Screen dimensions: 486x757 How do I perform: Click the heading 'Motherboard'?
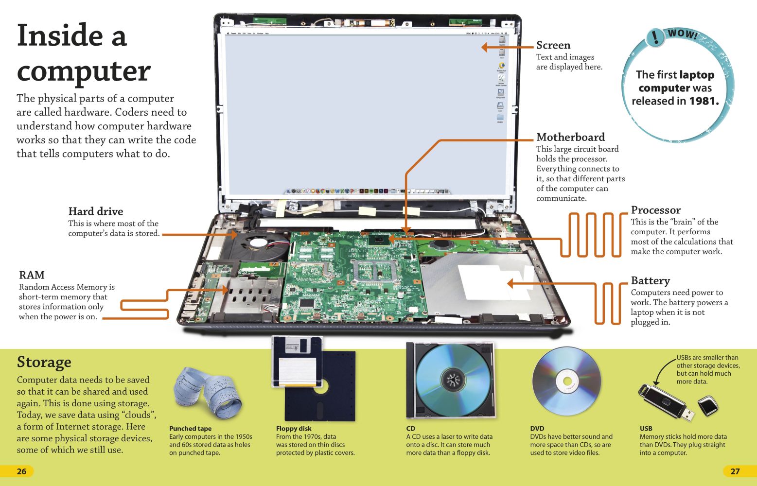click(x=570, y=137)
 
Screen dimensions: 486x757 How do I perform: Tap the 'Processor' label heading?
click(x=655, y=210)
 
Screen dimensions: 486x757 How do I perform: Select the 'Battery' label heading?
click(x=650, y=280)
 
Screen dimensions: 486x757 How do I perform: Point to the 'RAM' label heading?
click(x=32, y=275)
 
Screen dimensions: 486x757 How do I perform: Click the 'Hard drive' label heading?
click(x=95, y=211)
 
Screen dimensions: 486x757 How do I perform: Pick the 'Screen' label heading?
click(x=553, y=45)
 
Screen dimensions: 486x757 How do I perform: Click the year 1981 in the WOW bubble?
click(x=703, y=101)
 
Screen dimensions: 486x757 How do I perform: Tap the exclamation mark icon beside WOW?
click(x=655, y=37)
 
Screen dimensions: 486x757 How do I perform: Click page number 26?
click(x=21, y=471)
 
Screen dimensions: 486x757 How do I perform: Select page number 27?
click(x=735, y=471)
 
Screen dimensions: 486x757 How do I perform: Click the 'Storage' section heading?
click(x=44, y=362)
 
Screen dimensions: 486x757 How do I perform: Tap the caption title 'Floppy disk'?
click(x=294, y=429)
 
